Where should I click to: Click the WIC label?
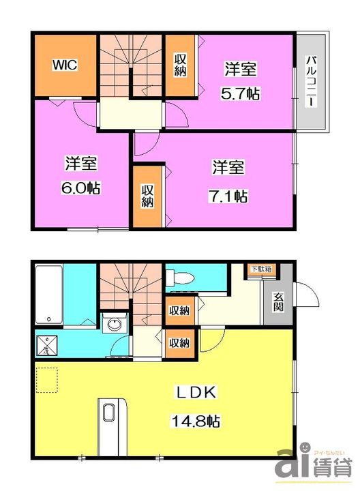coord(65,65)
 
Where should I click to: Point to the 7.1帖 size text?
coord(228,196)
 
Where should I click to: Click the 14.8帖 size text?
coord(196,420)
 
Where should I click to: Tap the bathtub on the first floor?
coord(49,294)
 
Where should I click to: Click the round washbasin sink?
coord(113,325)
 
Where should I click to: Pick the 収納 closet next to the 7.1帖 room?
coord(148,196)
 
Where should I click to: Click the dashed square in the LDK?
coord(46,380)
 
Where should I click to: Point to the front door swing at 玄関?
coord(307,295)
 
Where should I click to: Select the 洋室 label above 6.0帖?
coord(81,164)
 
